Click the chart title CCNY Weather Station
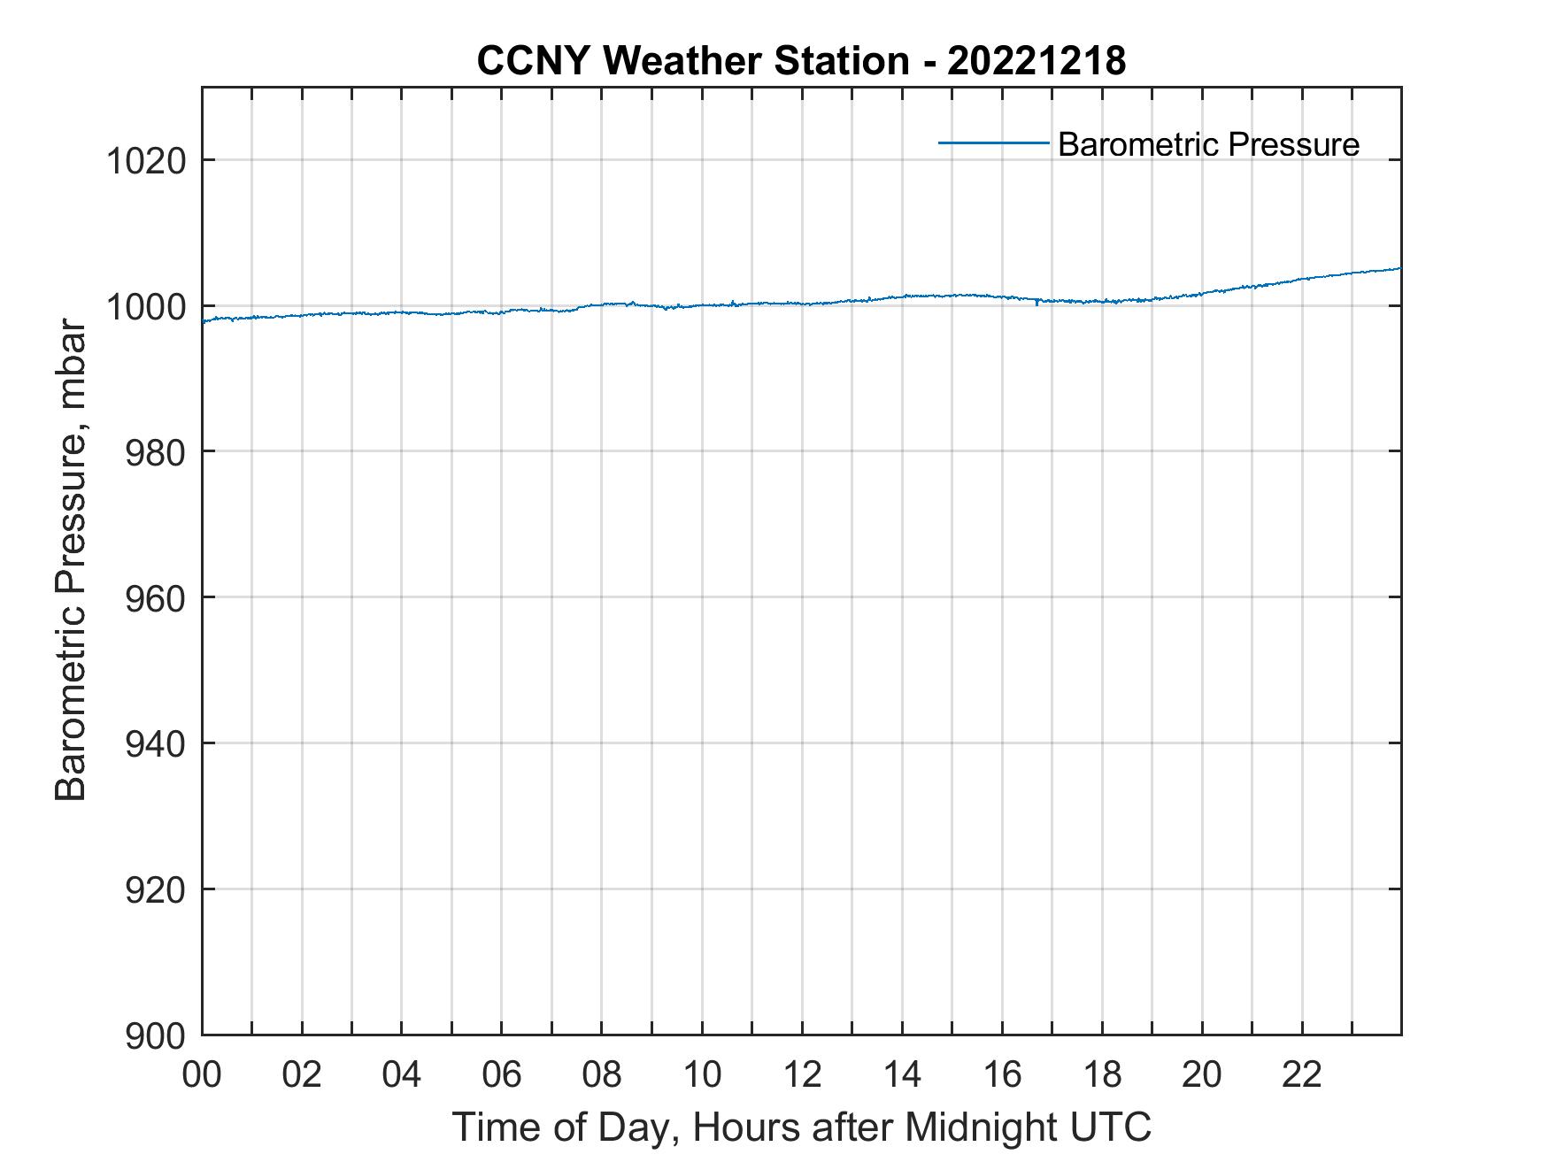pyautogui.click(x=692, y=61)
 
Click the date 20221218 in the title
pyautogui.click(x=1037, y=61)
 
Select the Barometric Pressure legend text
pyautogui.click(x=1208, y=144)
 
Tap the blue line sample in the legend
pyautogui.click(x=993, y=142)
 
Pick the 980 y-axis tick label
pyautogui.click(x=156, y=453)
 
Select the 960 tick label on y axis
pyautogui.click(x=156, y=599)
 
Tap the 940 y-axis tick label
pyautogui.click(x=156, y=744)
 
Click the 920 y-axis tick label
pyautogui.click(x=156, y=890)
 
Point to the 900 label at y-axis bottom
pyautogui.click(x=156, y=1036)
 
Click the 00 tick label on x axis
pyautogui.click(x=203, y=1074)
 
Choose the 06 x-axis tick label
pyautogui.click(x=502, y=1074)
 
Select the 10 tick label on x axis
pyautogui.click(x=702, y=1074)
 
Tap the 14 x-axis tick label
pyautogui.click(x=902, y=1074)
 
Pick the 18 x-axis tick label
pyautogui.click(x=1102, y=1074)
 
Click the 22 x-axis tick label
pyautogui.click(x=1302, y=1074)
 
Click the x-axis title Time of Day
pyautogui.click(x=801, y=1127)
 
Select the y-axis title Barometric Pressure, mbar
pyautogui.click(x=71, y=559)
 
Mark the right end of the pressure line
pyautogui.click(x=1399, y=268)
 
